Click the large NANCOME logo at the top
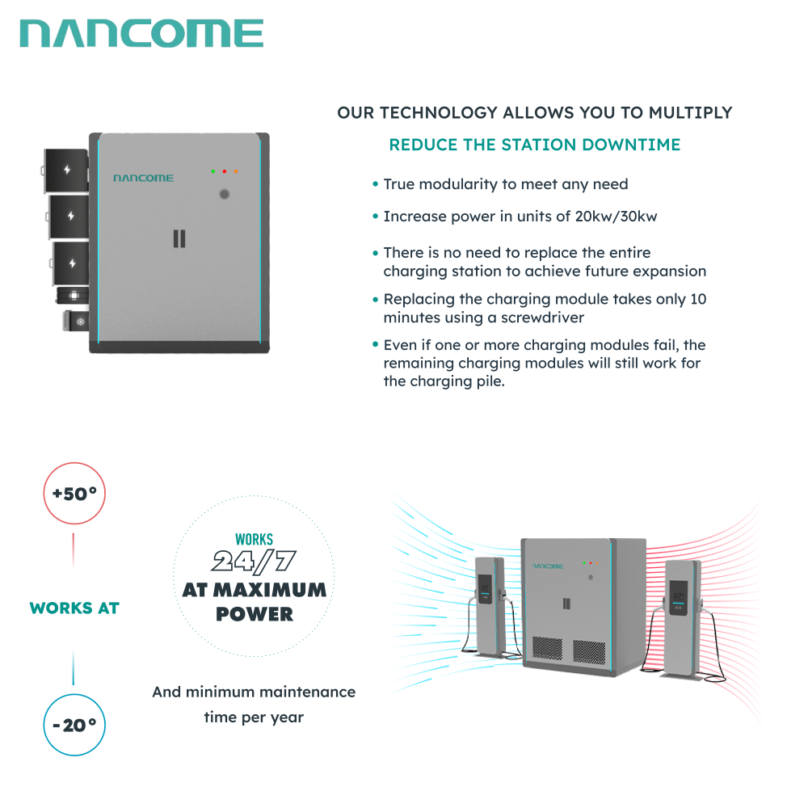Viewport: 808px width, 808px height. pos(141,34)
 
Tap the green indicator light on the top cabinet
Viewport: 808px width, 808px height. pos(213,171)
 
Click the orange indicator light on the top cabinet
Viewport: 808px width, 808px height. pos(235,171)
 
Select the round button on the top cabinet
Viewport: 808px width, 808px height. pos(225,195)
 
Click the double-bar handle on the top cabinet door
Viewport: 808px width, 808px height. pos(179,238)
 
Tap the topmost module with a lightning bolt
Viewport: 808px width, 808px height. pos(68,170)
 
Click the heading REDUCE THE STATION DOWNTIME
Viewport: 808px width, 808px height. pos(534,145)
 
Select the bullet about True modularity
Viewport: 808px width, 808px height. pos(505,184)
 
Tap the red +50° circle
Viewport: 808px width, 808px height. pos(74,494)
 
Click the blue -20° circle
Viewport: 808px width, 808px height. pos(74,725)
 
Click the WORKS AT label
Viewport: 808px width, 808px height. pos(74,608)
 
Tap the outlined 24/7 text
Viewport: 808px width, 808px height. pos(254,560)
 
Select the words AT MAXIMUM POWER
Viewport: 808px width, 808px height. pos(254,601)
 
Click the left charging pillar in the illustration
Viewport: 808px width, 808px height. pos(489,603)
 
